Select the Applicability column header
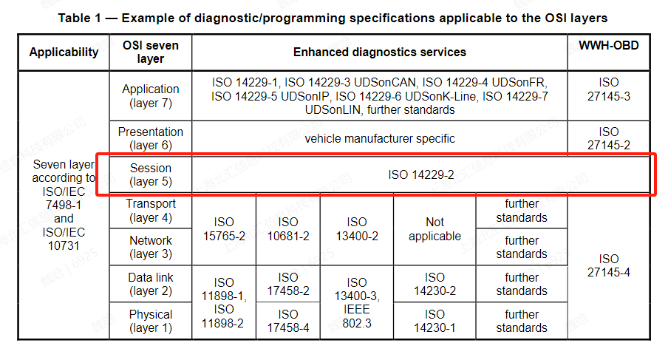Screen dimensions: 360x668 (x=64, y=52)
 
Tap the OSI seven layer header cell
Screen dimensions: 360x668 (x=150, y=52)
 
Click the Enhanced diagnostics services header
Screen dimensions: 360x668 (x=379, y=52)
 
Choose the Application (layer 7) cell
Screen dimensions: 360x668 (x=150, y=96)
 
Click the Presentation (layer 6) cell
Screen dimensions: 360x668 (x=150, y=139)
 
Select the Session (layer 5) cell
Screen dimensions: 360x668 (x=150, y=174)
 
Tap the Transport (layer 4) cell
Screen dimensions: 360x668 (x=150, y=211)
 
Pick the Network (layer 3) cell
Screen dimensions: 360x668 (x=150, y=247)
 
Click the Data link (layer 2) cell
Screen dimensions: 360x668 (x=150, y=284)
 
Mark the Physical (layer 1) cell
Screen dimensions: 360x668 (x=150, y=321)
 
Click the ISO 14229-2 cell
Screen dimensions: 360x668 (x=421, y=175)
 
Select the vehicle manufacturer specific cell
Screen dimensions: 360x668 (x=379, y=138)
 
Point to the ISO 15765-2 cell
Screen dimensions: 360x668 (x=224, y=229)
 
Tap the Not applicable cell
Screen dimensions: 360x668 (x=434, y=229)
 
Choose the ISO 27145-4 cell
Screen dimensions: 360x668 (x=609, y=265)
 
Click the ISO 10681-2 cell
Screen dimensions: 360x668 (x=288, y=229)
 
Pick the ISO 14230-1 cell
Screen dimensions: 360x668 (x=434, y=321)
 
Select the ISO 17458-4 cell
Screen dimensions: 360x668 (x=288, y=321)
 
